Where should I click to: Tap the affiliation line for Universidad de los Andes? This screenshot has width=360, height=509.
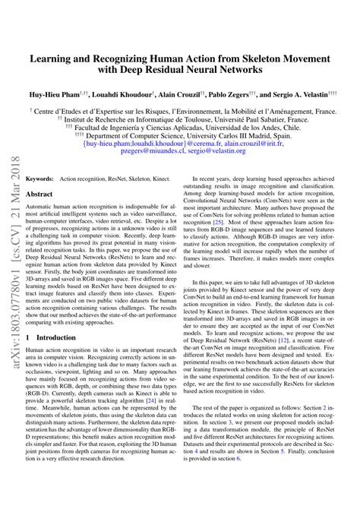tap(184, 131)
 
